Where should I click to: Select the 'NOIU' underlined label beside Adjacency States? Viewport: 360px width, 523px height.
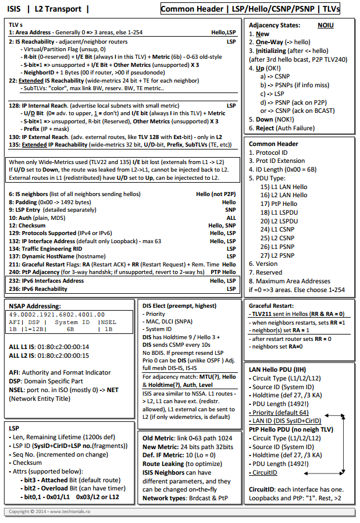(x=326, y=26)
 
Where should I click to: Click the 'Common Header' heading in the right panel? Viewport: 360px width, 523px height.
(x=273, y=144)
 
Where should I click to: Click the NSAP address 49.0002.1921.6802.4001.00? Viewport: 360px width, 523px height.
(x=56, y=314)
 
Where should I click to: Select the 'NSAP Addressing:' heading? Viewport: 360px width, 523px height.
(x=34, y=305)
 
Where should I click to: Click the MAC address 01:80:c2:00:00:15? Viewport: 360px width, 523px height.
(x=65, y=355)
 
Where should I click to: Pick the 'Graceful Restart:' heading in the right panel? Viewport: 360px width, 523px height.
(x=271, y=305)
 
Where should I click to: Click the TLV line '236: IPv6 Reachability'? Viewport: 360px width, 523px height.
(x=38, y=289)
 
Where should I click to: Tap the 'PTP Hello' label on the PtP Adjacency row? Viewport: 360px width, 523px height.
(x=223, y=272)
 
